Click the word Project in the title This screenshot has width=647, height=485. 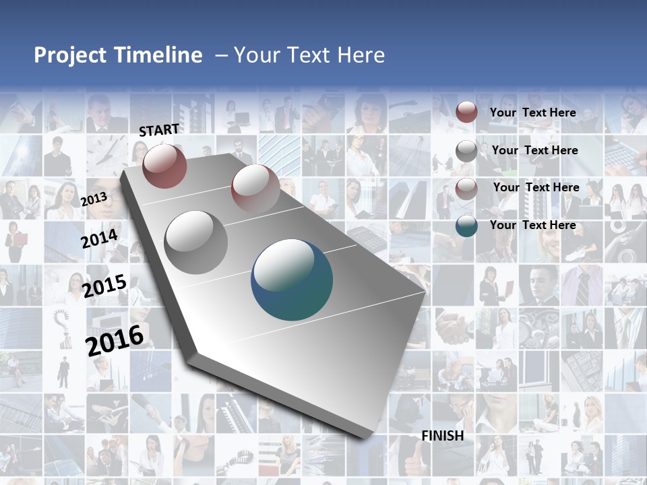tap(70, 55)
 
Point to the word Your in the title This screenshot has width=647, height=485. tap(257, 55)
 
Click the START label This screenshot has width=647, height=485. tap(159, 130)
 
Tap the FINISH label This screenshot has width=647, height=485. tap(443, 436)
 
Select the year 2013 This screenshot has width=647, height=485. tap(94, 199)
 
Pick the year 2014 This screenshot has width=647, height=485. tap(100, 238)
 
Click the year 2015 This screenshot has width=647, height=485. tap(104, 286)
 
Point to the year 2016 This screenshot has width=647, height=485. tap(115, 340)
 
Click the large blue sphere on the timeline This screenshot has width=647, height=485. tap(292, 280)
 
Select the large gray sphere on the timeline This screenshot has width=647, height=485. tap(196, 242)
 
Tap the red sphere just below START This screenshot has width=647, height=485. tap(164, 166)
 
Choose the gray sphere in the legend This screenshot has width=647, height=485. tap(466, 151)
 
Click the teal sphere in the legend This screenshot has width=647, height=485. tap(466, 226)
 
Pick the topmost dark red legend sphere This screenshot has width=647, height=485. tap(466, 112)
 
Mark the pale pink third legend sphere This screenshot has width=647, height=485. tap(466, 189)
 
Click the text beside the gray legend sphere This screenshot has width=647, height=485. tap(535, 150)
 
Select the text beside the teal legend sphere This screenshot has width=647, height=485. tap(533, 225)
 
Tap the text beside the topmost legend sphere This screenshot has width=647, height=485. tap(533, 112)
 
